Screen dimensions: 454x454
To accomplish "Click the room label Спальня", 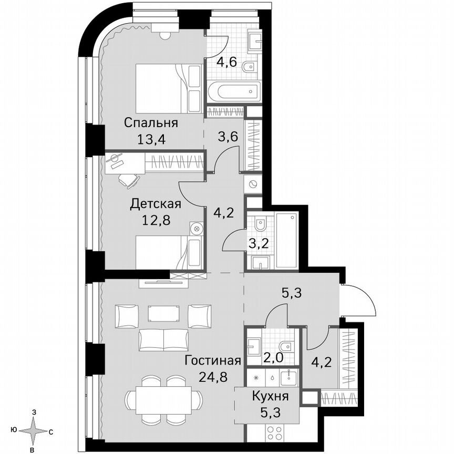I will (151, 123).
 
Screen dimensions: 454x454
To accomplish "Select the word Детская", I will (156, 204).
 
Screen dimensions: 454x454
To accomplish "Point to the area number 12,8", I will (156, 221).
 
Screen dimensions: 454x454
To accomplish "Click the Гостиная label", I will (213, 360).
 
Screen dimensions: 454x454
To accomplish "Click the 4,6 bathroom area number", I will (227, 62).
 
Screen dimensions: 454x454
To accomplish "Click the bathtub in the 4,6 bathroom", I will (233, 92).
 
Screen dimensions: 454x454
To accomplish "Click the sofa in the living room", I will (163, 340).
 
